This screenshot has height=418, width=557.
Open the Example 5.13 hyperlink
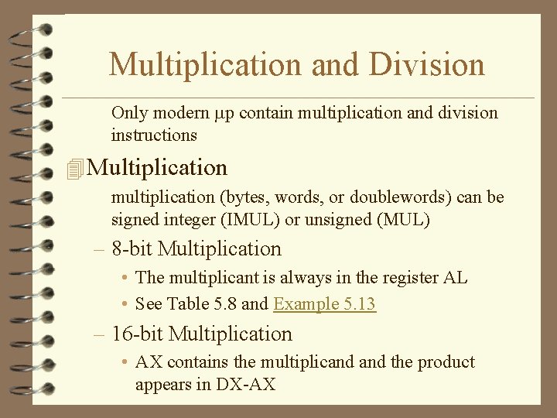tap(324, 303)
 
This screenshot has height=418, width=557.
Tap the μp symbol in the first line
tap(224, 113)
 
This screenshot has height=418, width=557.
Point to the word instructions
tap(154, 135)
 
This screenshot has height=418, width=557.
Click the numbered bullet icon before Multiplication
tap(75, 168)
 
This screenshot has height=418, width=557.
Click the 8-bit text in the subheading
tap(132, 249)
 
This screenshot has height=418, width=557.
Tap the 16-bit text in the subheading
tap(138, 334)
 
